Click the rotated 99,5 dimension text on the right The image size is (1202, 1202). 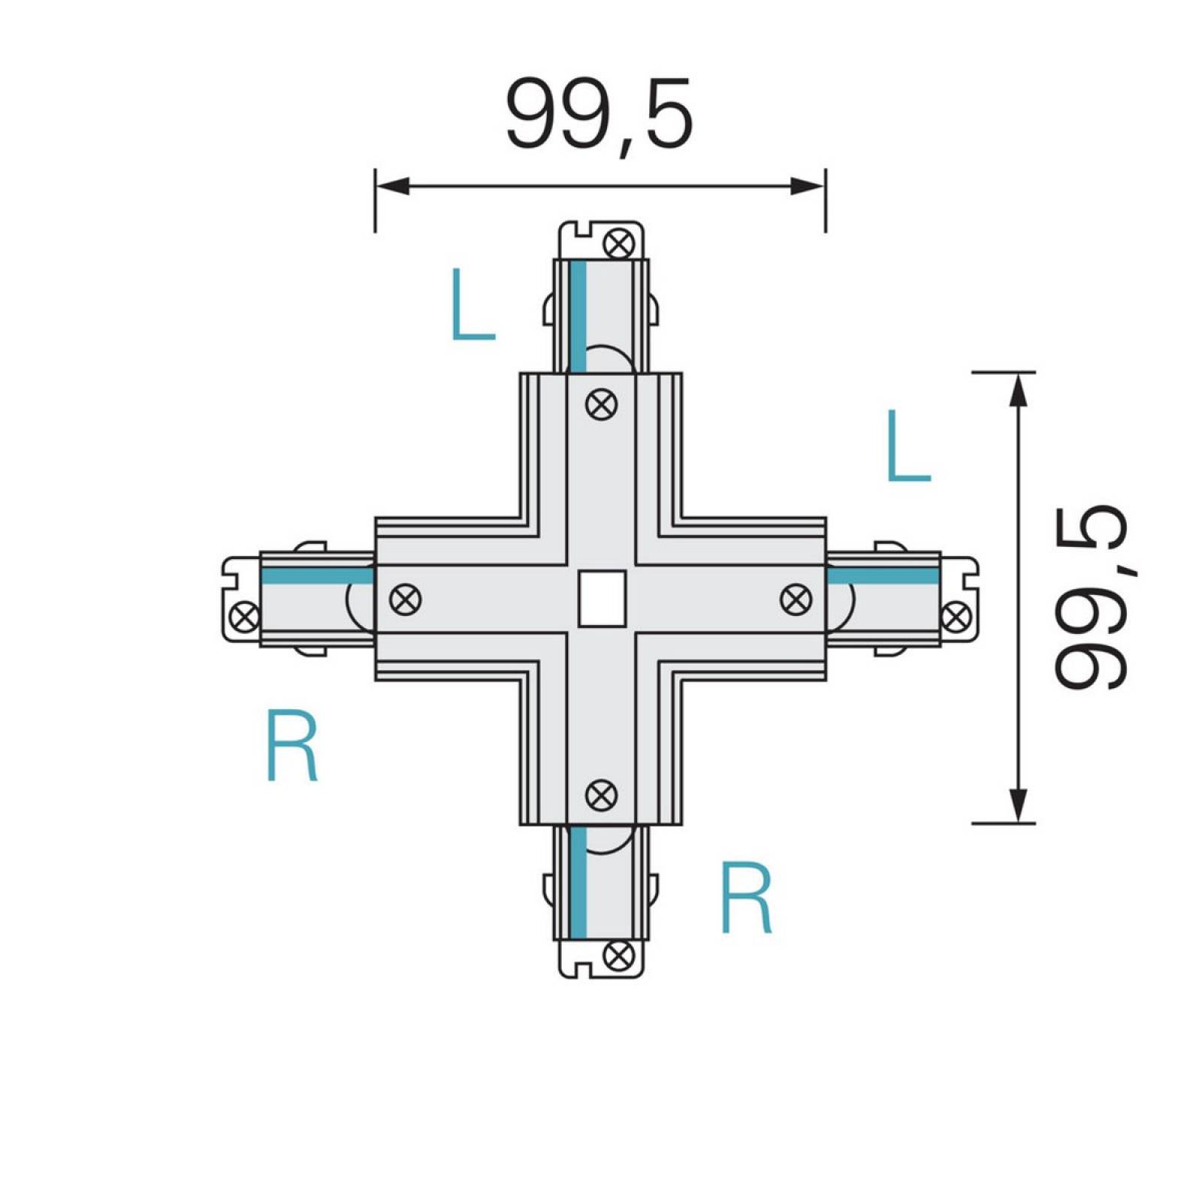point(1089,597)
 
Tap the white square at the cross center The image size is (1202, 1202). point(602,599)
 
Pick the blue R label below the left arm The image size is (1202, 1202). point(293,747)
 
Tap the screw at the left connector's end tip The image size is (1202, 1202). point(245,618)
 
